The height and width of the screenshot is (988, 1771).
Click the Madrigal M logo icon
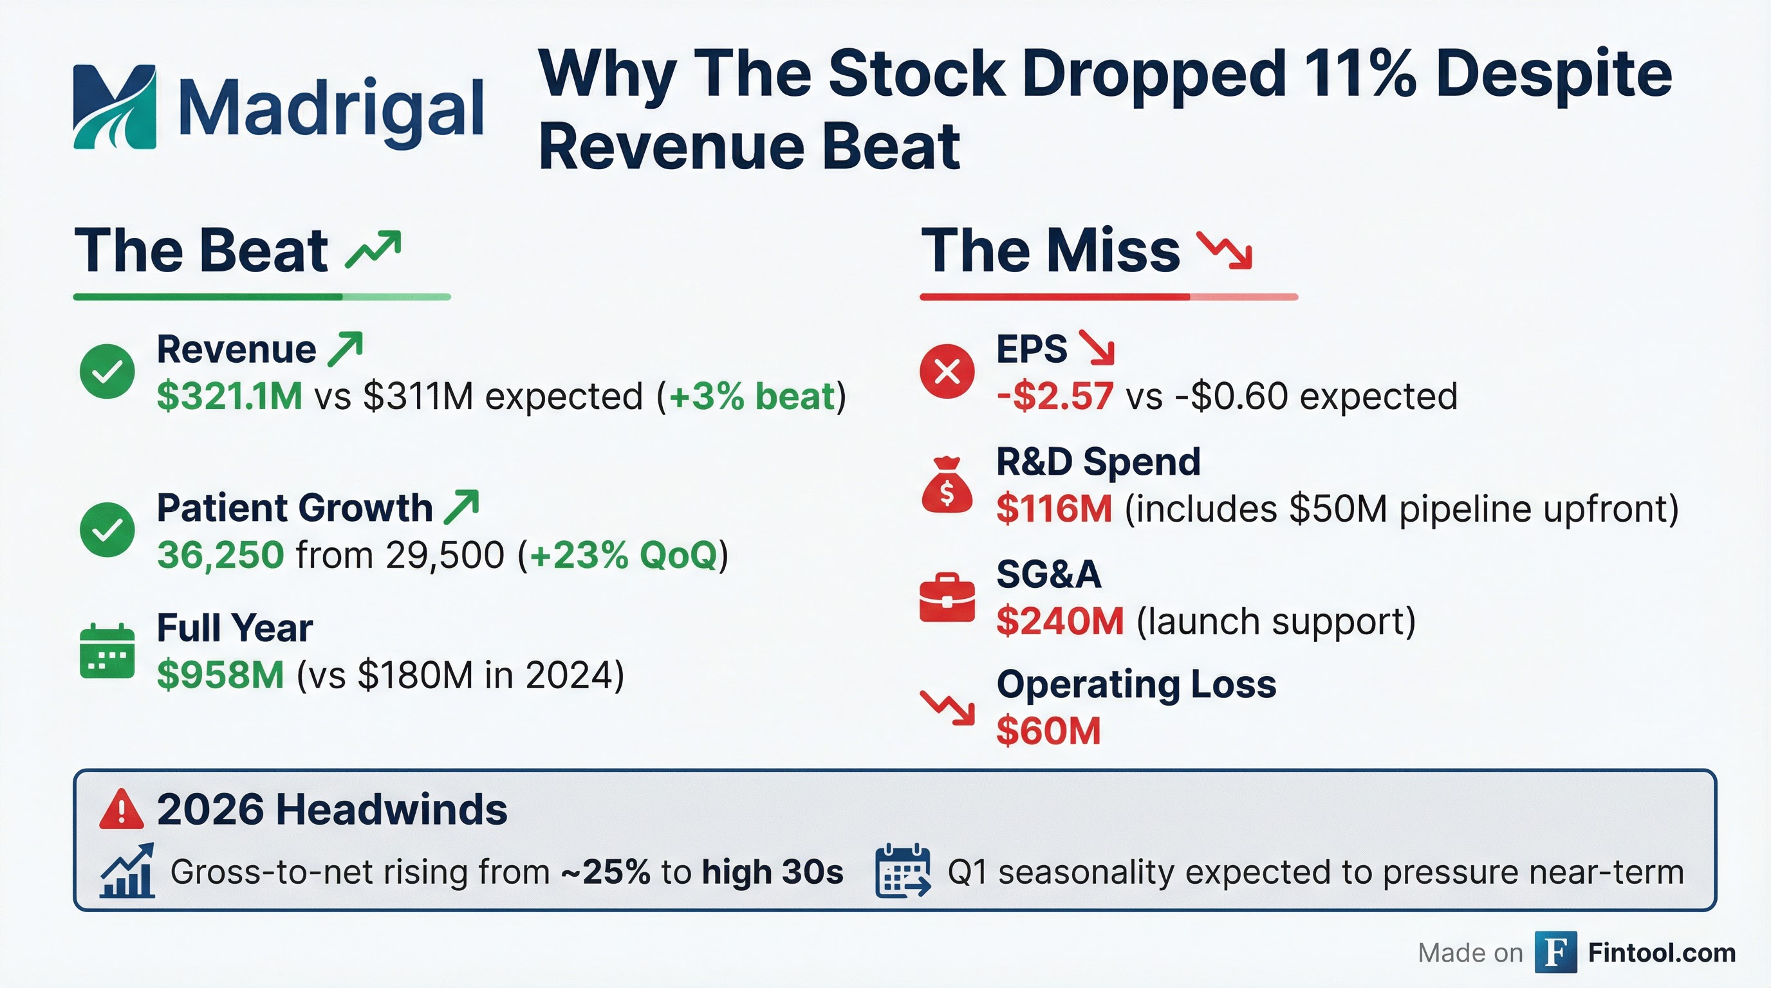114,107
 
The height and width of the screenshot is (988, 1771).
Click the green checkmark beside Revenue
107,371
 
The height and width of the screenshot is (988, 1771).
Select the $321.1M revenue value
229,396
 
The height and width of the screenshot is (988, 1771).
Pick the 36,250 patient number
220,555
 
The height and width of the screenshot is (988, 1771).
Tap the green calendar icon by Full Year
107,651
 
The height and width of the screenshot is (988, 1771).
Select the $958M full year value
220,675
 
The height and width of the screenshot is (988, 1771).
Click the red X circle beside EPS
947,371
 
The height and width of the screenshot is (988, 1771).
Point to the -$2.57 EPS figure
1054,396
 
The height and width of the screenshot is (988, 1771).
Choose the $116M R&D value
1053,509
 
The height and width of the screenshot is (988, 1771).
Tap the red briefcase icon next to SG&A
947,598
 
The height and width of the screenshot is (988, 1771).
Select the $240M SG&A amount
1059,622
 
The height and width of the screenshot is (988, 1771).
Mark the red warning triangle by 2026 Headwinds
121,809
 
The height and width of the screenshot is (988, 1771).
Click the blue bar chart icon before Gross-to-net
127,871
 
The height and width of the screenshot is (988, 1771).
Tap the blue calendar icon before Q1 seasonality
903,871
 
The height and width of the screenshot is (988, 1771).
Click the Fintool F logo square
1555,952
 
